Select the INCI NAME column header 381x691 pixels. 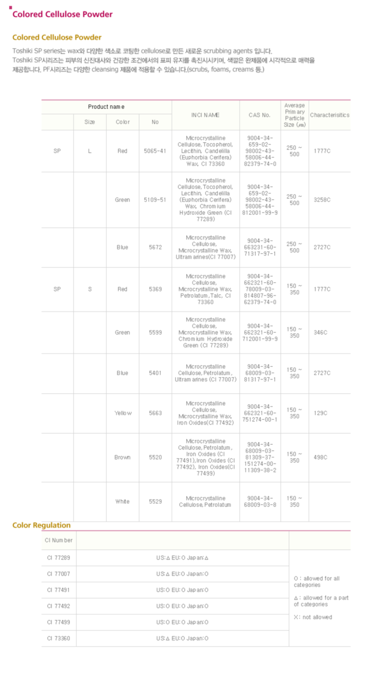205,115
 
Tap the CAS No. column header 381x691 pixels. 259,115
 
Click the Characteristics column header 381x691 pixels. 329,115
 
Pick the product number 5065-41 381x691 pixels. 154,151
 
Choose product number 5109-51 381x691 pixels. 154,200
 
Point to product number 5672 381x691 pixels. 154,248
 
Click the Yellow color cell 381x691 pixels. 123,413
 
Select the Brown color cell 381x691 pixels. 122,457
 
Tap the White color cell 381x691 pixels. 122,502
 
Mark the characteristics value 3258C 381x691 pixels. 322,200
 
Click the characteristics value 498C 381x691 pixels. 320,457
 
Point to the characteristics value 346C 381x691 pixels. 320,332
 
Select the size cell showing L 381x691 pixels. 89,151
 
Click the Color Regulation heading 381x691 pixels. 42,525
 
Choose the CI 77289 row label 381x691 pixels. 59,558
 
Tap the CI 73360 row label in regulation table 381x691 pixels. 59,638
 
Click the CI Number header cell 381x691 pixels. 59,540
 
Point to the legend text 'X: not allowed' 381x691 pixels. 313,617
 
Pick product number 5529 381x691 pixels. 154,502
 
